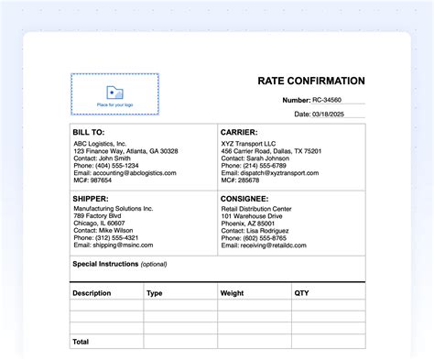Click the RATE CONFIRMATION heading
coord(311,81)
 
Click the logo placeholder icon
coord(114,92)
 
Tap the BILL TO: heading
coord(89,133)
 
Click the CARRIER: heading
coord(239,133)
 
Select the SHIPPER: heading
coord(91,198)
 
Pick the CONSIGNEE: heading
coord(244,198)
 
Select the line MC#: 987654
coord(92,180)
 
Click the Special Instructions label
coord(105,264)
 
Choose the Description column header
coord(92,293)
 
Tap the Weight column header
coord(232,293)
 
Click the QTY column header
coord(301,293)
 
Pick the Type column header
coord(155,293)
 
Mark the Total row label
coord(81,341)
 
